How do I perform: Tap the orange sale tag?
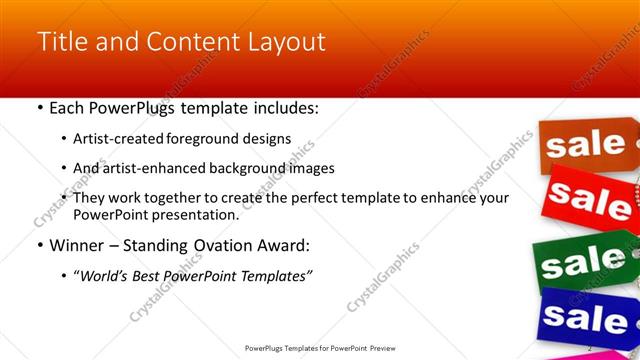click(584, 146)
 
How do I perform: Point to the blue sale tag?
click(585, 319)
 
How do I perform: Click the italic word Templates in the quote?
click(270, 276)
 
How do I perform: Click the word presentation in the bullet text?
click(193, 215)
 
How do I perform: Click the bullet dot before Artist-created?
click(64, 139)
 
